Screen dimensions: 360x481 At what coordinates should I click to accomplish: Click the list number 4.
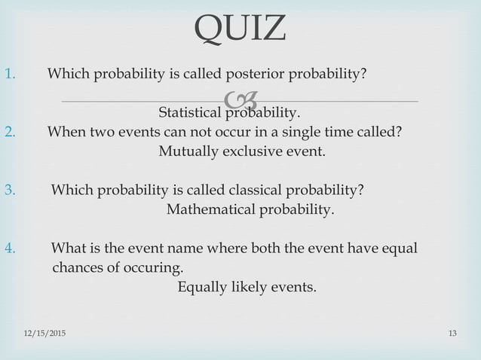point(10,249)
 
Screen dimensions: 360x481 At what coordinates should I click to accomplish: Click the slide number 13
point(452,332)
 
